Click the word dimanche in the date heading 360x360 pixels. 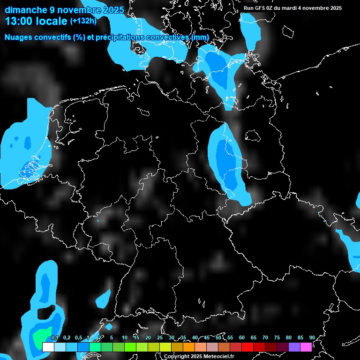(22, 9)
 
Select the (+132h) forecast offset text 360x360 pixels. (83, 21)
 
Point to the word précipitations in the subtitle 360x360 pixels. (123, 37)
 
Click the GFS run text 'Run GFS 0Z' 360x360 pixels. (258, 8)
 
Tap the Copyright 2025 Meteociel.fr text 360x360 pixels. (199, 357)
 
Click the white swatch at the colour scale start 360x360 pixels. (48, 347)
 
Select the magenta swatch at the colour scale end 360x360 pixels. (306, 347)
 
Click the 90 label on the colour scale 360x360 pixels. (312, 337)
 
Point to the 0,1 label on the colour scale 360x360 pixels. (55, 337)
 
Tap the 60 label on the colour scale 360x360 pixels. (242, 337)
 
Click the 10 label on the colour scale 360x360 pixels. (125, 337)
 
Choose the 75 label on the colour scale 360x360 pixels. (277, 337)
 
